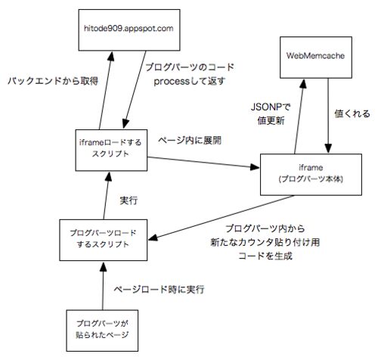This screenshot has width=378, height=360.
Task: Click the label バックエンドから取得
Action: coord(53,81)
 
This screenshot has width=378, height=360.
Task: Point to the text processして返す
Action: coord(190,81)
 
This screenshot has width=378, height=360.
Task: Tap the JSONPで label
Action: coord(271,107)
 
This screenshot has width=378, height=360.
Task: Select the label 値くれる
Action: coord(352,113)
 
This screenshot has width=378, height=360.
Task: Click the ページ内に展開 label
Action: coord(190,141)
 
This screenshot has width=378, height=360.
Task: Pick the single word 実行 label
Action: coord(129,200)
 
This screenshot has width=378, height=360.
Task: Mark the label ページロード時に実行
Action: coord(159,289)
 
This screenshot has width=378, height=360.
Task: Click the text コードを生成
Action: coord(265,256)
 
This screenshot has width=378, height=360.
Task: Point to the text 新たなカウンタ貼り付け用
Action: coord(265,242)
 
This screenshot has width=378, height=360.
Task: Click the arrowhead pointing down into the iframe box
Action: coord(328,148)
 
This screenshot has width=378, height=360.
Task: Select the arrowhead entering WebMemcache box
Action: coord(303,83)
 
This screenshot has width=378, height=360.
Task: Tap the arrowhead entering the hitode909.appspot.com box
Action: coord(111,56)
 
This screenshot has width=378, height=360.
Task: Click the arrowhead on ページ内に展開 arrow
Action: coord(255,167)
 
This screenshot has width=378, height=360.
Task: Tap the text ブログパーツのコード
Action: coord(190,67)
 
